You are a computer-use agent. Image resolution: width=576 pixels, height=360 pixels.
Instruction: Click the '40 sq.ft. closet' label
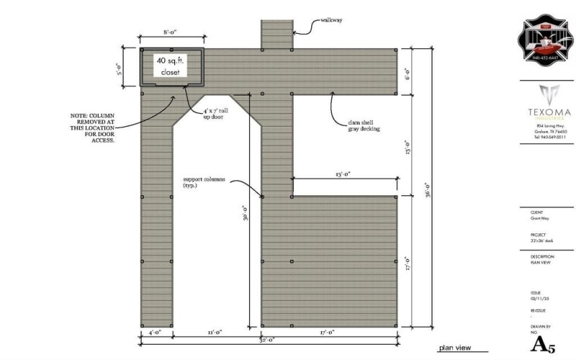point(171,66)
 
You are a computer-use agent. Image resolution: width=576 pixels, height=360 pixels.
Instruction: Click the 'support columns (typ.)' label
point(205,182)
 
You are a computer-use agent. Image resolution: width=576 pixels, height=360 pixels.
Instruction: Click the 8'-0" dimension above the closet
point(171,32)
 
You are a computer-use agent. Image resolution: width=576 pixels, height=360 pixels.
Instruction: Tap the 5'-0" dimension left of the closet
point(120,68)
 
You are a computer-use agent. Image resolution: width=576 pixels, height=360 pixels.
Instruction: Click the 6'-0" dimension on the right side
point(407,72)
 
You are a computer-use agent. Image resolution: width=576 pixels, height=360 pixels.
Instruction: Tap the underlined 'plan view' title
point(454,348)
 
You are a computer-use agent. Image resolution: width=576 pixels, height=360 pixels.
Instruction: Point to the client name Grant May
point(540,218)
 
